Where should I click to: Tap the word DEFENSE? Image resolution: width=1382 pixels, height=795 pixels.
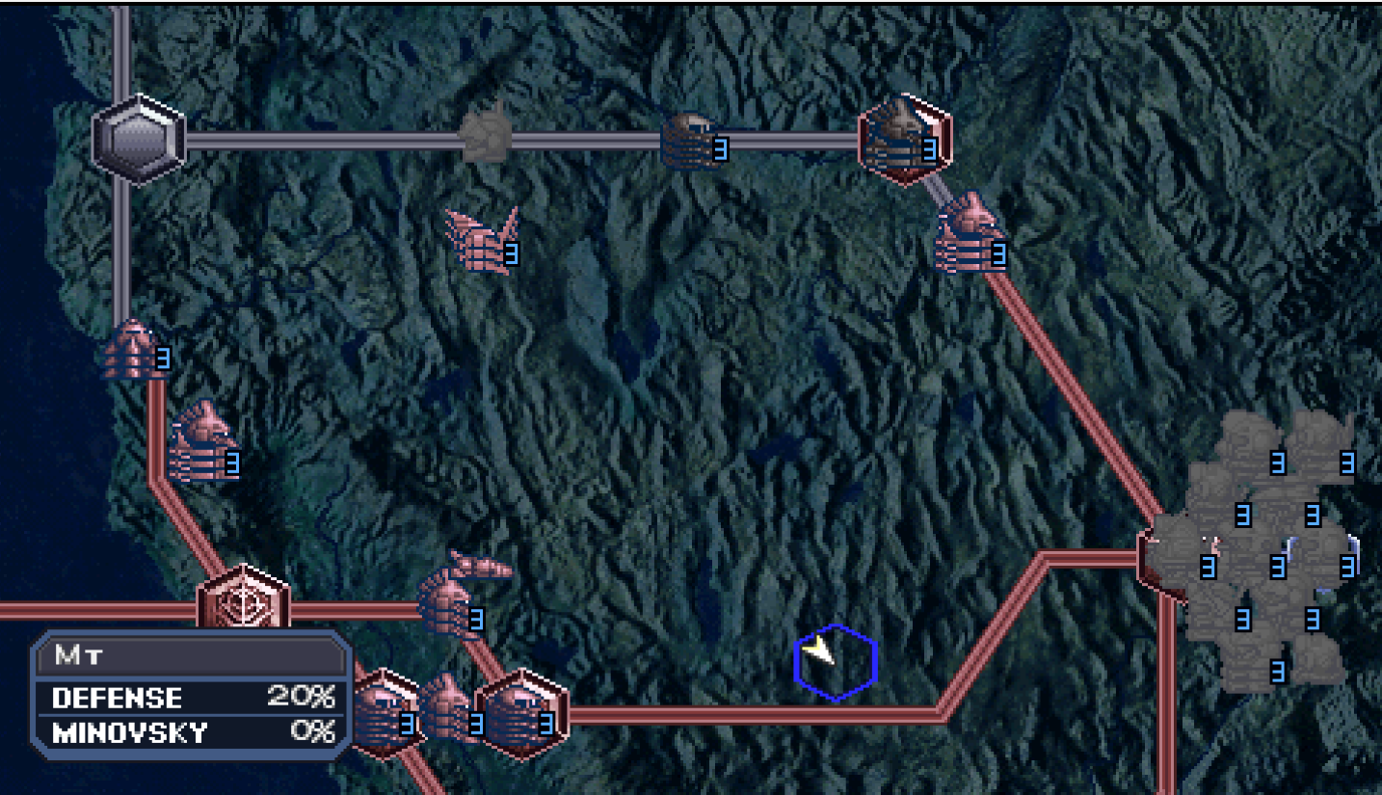click(117, 698)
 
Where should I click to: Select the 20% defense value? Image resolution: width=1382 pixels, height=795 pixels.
click(301, 697)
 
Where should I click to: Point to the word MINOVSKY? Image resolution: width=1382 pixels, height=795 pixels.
click(129, 733)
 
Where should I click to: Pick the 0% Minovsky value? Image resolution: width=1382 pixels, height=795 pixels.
click(312, 732)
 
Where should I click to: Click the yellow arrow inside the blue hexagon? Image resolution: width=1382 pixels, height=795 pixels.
click(820, 651)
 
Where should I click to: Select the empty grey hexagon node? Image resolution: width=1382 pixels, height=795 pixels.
click(139, 140)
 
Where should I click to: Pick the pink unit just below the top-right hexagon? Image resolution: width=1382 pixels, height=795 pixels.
click(970, 236)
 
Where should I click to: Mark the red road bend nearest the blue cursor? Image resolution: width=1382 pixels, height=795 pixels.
click(942, 713)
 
